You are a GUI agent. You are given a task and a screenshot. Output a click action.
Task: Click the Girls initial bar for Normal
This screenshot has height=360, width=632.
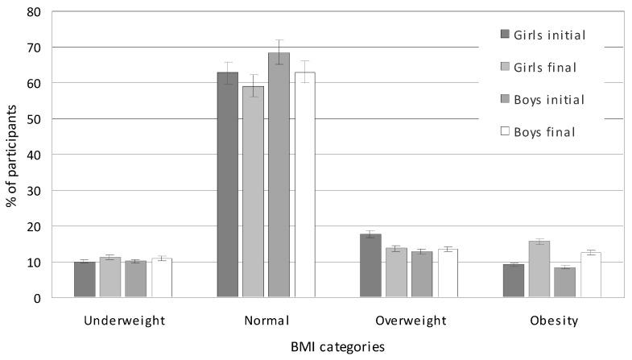point(228,185)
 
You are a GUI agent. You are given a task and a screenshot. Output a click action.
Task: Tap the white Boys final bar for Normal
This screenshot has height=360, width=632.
point(304,185)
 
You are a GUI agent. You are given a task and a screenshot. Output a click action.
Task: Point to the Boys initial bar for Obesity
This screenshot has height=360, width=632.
point(564,283)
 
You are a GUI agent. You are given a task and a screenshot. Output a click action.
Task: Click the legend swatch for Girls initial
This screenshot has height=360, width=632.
point(505,34)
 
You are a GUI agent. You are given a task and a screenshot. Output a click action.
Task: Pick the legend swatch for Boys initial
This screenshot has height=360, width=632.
point(505,100)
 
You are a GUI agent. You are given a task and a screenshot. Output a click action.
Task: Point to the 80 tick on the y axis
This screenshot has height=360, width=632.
point(34,12)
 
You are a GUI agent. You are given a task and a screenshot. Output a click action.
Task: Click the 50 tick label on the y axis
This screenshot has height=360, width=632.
point(34,119)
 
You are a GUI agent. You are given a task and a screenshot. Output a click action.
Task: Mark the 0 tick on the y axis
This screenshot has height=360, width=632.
point(37,298)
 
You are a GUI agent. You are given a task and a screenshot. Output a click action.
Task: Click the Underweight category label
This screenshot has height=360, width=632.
point(124,321)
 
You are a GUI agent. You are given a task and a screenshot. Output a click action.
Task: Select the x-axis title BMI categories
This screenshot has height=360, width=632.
point(338,347)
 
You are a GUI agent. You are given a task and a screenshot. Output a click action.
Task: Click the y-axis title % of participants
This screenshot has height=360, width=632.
point(11,155)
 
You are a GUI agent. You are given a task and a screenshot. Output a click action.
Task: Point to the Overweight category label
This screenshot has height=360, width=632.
point(411,321)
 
